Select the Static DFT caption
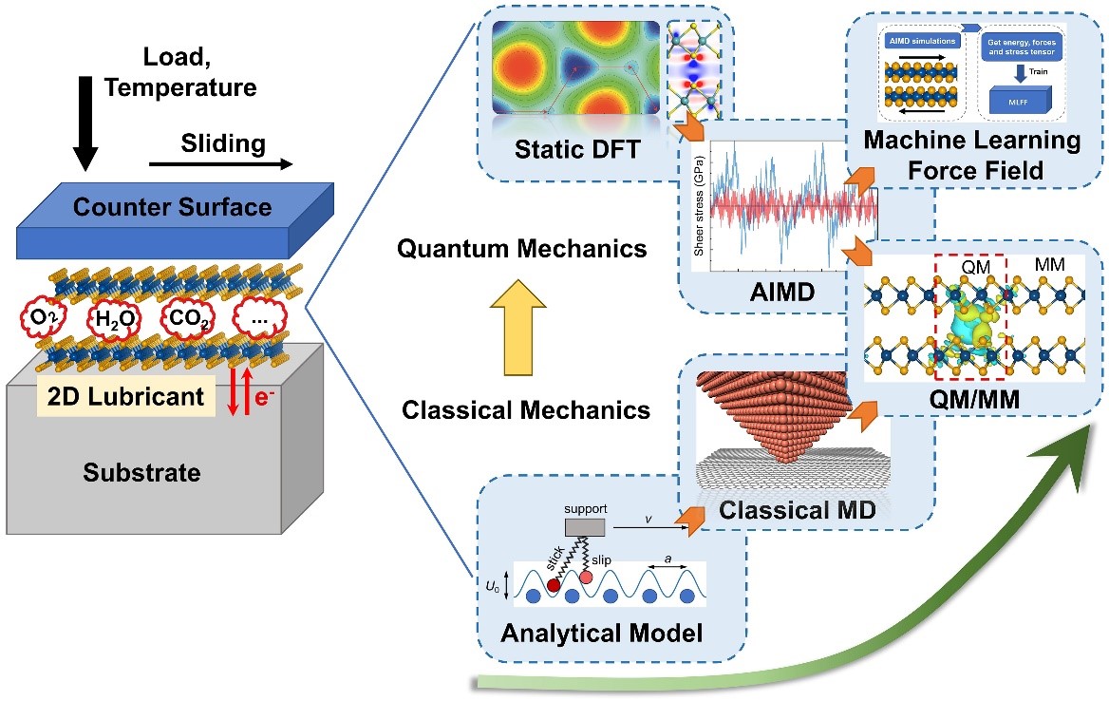tap(572, 149)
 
